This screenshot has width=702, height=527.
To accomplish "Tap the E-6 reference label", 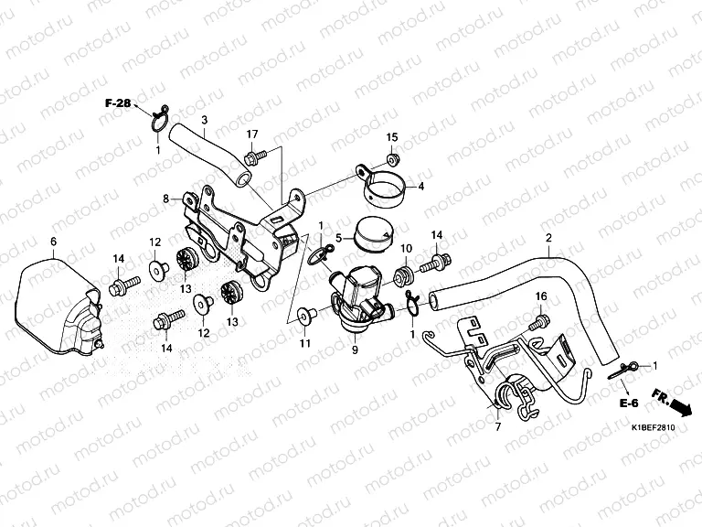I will [x=627, y=403].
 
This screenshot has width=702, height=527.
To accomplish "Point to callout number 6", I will [x=53, y=241].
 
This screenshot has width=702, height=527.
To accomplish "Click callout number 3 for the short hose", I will [x=204, y=120].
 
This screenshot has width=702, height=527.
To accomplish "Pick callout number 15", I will [x=392, y=137].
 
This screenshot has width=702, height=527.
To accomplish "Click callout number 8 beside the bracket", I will [x=166, y=198].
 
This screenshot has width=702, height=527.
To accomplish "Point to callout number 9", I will [x=355, y=350].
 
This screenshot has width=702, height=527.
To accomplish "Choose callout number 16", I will [x=540, y=296].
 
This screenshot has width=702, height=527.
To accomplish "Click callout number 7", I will [x=498, y=427].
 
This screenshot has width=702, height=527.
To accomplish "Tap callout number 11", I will [x=304, y=343].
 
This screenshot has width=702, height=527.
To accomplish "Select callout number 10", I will [x=406, y=249].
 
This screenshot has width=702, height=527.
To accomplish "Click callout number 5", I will [x=338, y=238].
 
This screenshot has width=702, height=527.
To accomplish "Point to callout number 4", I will [x=421, y=187].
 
